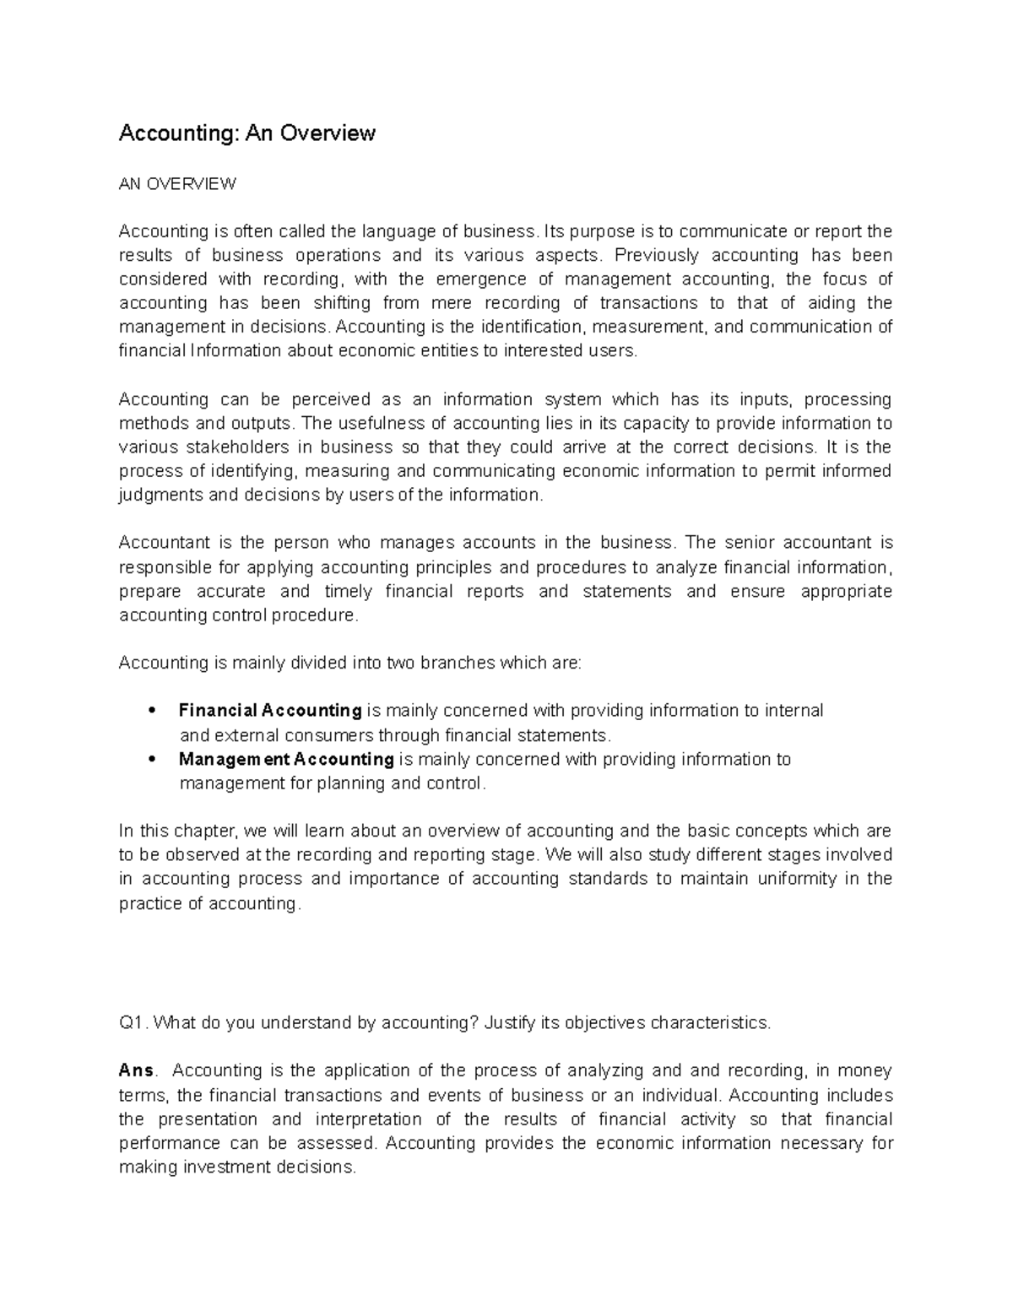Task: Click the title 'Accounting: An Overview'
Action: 246,133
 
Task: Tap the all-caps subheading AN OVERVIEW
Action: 177,184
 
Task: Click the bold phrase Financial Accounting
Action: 270,711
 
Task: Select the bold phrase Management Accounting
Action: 286,759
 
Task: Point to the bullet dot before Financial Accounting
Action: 153,711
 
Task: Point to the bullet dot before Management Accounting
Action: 153,759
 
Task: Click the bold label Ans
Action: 136,1070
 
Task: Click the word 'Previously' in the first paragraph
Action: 656,255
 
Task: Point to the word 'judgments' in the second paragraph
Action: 160,495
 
